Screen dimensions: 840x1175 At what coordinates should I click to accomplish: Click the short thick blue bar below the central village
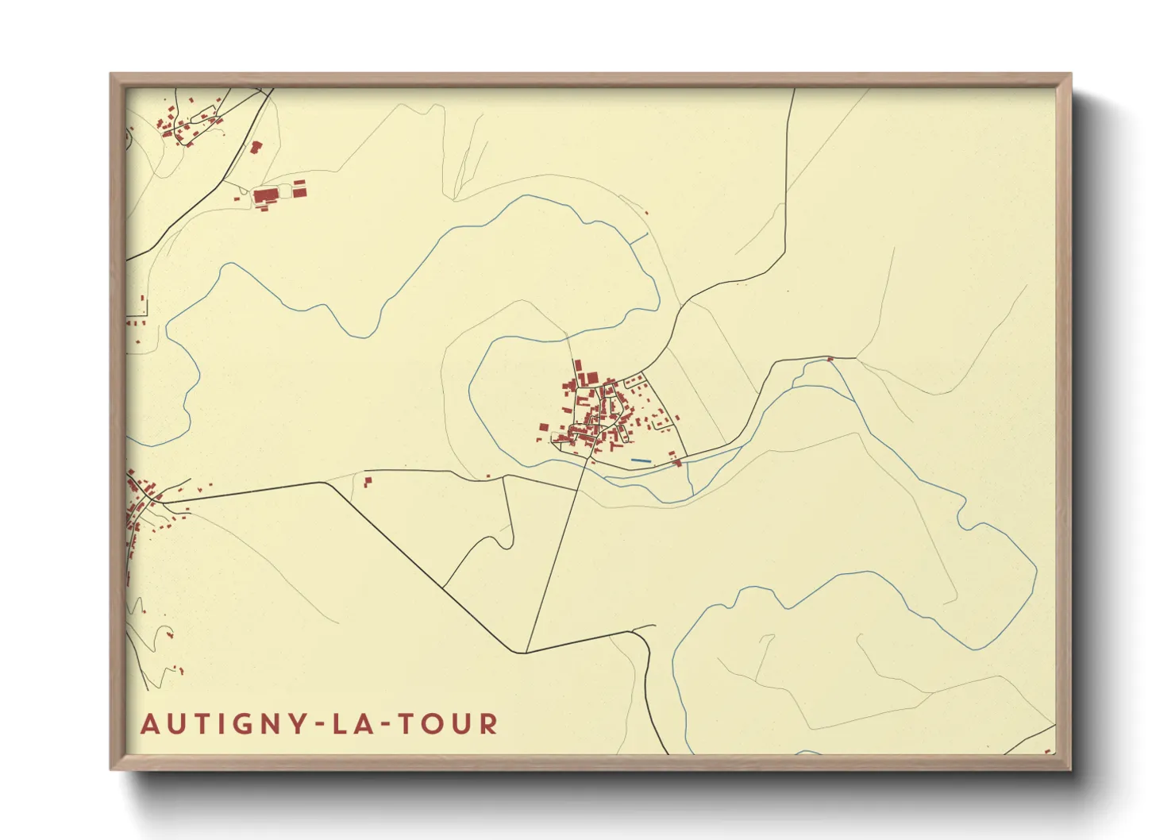click(x=641, y=460)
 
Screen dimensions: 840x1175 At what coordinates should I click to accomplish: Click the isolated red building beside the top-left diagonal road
click(x=256, y=147)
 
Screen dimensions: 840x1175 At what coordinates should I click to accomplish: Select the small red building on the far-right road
click(x=830, y=360)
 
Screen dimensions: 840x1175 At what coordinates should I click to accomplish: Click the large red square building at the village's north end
click(x=590, y=377)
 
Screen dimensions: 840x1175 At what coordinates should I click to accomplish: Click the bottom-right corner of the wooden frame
click(x=1069, y=769)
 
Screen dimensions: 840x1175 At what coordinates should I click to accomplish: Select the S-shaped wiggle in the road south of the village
click(x=502, y=540)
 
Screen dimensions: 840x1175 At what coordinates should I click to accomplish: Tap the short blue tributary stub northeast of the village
click(x=639, y=237)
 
